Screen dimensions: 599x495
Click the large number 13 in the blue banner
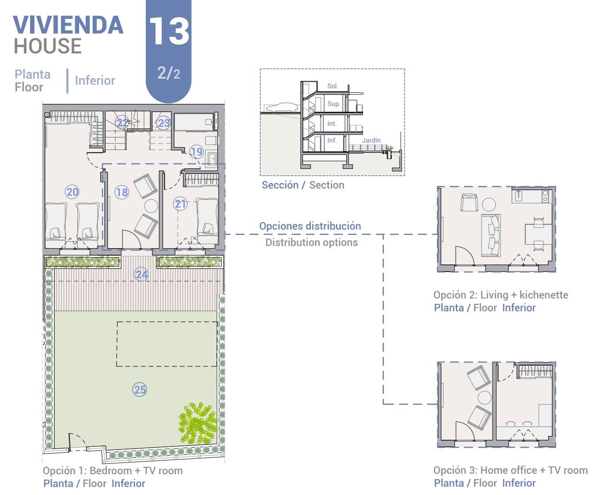(169, 31)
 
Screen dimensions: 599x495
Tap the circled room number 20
(72, 192)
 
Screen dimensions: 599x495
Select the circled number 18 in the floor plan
(121, 192)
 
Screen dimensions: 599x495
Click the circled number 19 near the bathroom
(197, 151)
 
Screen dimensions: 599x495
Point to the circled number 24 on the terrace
(141, 275)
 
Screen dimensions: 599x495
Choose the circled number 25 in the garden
(140, 389)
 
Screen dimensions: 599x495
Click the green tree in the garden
(197, 423)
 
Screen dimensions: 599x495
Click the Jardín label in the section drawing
(371, 140)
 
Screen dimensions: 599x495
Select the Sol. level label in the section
(333, 86)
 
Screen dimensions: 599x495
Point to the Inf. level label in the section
(332, 140)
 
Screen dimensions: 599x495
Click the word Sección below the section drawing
(280, 185)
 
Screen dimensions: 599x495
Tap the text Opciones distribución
(310, 226)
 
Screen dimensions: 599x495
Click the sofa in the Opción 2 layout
(491, 235)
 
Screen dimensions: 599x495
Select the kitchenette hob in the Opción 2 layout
(546, 196)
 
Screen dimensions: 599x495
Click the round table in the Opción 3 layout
(485, 398)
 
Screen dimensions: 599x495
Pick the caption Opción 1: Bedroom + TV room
(113, 471)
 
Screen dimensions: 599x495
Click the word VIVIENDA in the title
(68, 25)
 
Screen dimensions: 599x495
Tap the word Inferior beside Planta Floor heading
(95, 81)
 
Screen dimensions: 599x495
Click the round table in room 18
(151, 206)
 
